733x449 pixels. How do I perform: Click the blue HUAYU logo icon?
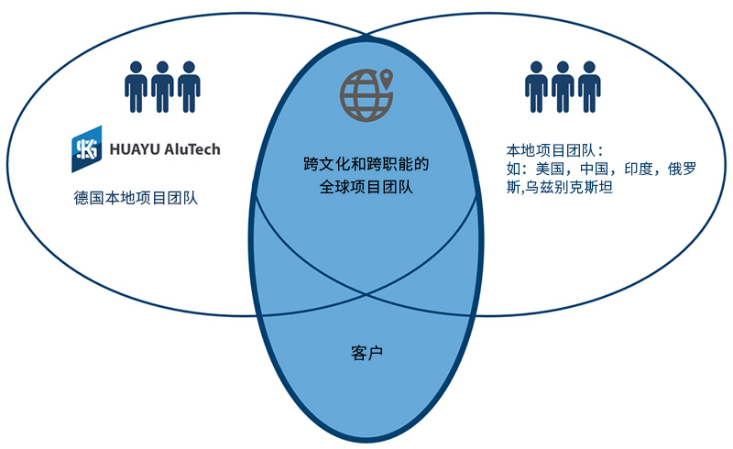86,148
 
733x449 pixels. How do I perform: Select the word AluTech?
192,149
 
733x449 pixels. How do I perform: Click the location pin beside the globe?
386,78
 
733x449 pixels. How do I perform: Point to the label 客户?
366,353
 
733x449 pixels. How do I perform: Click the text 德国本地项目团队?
136,198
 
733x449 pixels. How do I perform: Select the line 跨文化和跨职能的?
366,164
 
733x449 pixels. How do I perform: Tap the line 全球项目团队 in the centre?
366,187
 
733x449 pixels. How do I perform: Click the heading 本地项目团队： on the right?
555,150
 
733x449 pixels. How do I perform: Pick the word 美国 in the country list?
550,169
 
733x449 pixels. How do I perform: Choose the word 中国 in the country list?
594,169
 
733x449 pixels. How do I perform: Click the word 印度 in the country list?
639,169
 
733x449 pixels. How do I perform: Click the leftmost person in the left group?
136,87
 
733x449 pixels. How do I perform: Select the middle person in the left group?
162,87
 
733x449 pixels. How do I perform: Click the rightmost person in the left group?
189,87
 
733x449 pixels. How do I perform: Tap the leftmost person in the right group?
536,87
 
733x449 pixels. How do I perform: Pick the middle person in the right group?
563,87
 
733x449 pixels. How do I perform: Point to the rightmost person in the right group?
589,87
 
